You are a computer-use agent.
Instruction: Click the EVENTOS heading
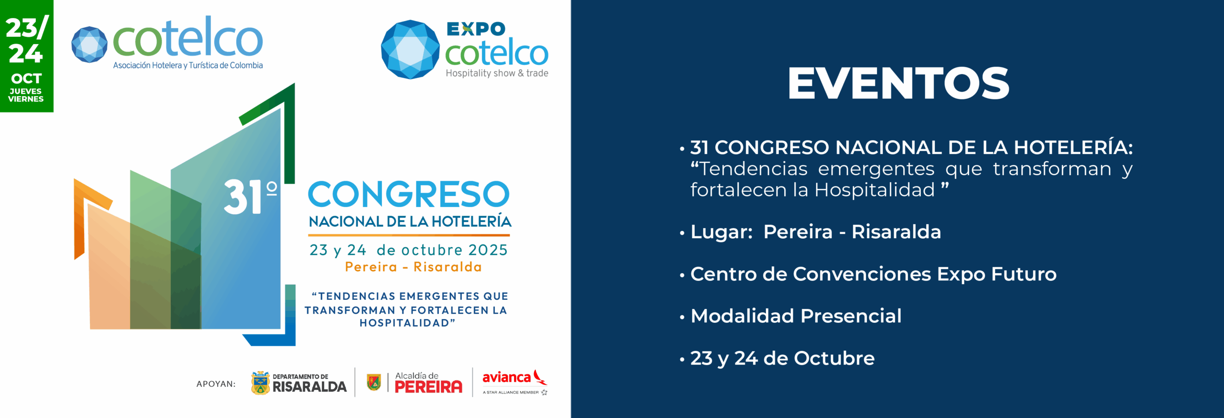(898, 83)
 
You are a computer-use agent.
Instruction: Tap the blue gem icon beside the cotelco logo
(89, 44)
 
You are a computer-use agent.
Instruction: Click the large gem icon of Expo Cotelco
(410, 49)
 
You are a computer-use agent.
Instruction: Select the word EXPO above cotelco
(476, 29)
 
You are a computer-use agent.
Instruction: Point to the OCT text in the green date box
(26, 78)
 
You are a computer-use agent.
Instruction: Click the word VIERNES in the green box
(26, 99)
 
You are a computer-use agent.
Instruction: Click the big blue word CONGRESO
(409, 194)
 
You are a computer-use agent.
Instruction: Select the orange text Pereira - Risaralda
(414, 267)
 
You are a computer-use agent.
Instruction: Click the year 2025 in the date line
(488, 250)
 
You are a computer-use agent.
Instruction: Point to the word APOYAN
(216, 384)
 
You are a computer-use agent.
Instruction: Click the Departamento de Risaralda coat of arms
(260, 383)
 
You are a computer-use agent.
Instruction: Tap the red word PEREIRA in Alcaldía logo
(428, 387)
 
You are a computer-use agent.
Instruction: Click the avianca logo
(515, 382)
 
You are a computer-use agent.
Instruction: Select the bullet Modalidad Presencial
(796, 316)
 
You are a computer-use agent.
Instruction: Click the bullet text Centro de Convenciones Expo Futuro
(874, 274)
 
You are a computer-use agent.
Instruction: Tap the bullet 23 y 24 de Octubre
(783, 358)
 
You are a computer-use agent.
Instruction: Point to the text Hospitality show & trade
(497, 73)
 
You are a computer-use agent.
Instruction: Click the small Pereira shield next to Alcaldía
(374, 383)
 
